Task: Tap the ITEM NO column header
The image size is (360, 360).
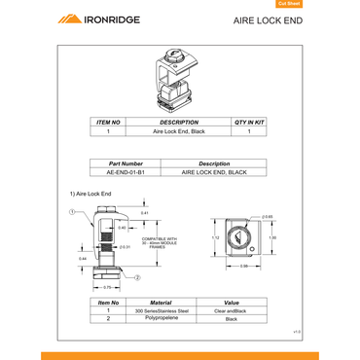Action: tap(108, 123)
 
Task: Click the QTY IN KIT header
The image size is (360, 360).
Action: tap(249, 123)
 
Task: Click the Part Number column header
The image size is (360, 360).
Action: tap(126, 163)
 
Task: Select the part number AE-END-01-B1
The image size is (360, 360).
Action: tap(126, 171)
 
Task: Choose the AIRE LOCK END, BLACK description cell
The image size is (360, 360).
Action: tap(214, 171)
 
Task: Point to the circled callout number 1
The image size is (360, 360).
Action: tap(72, 211)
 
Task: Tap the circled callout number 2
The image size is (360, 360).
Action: tap(138, 277)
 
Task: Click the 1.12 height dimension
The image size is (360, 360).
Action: tap(216, 236)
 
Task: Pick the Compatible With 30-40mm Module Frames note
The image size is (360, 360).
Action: tap(160, 241)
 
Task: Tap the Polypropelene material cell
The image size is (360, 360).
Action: tap(161, 318)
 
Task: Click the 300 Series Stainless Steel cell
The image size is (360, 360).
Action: tap(161, 310)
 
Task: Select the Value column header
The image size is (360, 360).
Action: tap(232, 303)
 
